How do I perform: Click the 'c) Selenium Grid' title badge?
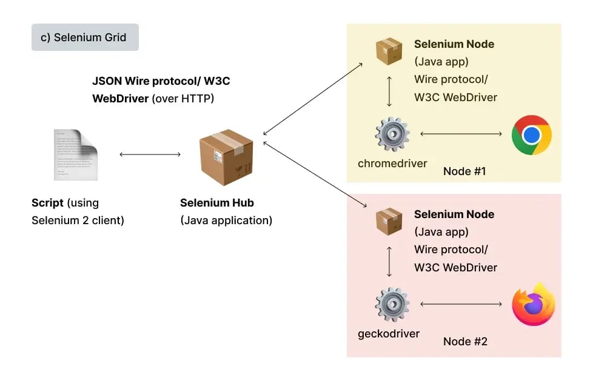tap(85, 38)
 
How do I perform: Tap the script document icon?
tap(75, 154)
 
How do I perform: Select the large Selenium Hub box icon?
tap(226, 157)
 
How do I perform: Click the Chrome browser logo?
tap(531, 134)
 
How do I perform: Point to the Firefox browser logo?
tap(533, 304)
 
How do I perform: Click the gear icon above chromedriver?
tap(392, 134)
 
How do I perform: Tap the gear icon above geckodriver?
tap(392, 305)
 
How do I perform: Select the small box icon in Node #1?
tap(389, 51)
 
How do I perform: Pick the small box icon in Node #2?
tap(389, 222)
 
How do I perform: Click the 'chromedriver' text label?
tap(392, 164)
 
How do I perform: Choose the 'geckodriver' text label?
tap(389, 334)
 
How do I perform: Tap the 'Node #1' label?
tap(464, 171)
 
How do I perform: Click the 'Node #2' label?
tap(465, 342)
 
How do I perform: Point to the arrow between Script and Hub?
tap(150, 154)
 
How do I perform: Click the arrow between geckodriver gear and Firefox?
tap(461, 303)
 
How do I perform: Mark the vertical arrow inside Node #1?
tap(389, 91)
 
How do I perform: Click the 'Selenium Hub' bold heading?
tap(217, 203)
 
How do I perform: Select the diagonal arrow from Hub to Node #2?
tap(315, 175)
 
